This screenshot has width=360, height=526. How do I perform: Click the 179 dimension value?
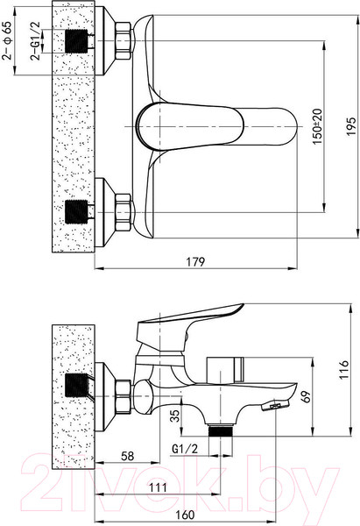pyautogui.click(x=195, y=261)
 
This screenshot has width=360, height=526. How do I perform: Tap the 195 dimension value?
pyautogui.click(x=351, y=126)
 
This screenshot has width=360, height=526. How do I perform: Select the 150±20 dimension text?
pyautogui.click(x=317, y=126)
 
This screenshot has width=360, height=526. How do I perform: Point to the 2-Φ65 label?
pyautogui.click(x=7, y=40)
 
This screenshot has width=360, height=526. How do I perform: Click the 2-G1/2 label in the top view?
pyautogui.click(x=35, y=40)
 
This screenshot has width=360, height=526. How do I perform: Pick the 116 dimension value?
pyautogui.click(x=343, y=370)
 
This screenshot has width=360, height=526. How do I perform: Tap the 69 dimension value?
pyautogui.click(x=306, y=397)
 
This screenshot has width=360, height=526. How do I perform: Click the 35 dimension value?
pyautogui.click(x=175, y=416)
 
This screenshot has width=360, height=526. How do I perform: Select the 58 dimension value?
pyautogui.click(x=127, y=456)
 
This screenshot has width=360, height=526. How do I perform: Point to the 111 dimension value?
pyautogui.click(x=158, y=487)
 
